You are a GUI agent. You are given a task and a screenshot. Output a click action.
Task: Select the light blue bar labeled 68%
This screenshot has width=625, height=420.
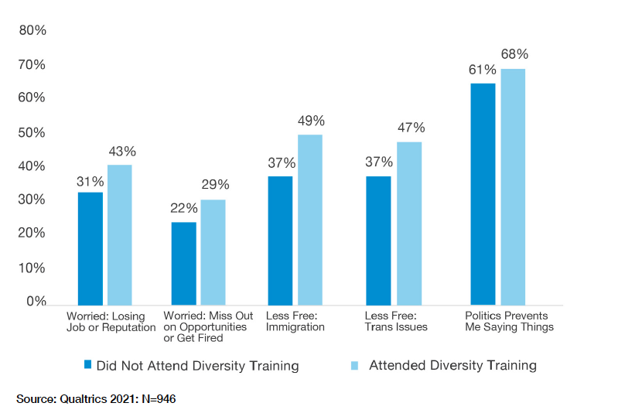[513, 186]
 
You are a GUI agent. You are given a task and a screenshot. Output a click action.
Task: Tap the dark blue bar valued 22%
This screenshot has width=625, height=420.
[183, 263]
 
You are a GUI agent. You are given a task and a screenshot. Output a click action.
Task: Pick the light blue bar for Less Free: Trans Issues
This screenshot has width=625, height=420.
[409, 223]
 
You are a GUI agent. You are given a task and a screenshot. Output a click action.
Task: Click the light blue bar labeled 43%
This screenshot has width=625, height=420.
[120, 234]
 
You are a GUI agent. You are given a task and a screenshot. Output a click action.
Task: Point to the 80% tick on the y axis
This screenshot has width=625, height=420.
[32, 31]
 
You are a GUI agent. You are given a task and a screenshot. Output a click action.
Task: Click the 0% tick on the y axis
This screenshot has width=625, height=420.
[36, 302]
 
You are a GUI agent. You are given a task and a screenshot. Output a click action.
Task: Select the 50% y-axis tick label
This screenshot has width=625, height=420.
[32, 132]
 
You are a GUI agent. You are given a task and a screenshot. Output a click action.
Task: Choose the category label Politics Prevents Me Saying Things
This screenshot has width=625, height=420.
[508, 321]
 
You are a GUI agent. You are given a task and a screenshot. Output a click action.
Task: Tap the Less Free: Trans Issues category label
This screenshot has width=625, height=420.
[395, 321]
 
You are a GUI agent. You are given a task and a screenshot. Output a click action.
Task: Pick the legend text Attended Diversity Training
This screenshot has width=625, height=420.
[452, 365]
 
